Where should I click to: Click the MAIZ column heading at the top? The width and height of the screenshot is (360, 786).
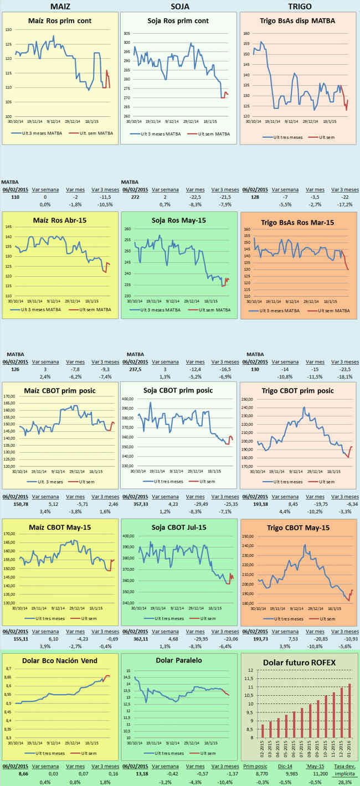click(x=60, y=6)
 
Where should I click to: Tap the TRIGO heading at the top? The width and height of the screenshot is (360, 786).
click(x=300, y=6)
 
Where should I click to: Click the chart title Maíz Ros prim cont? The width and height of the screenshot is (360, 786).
click(x=60, y=21)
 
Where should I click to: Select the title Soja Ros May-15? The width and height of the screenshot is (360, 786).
click(x=180, y=220)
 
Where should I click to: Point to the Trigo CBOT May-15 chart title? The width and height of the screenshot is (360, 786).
click(x=300, y=528)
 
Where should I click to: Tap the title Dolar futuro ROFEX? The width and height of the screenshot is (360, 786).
click(x=299, y=662)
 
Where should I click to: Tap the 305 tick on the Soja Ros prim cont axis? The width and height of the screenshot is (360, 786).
click(x=127, y=34)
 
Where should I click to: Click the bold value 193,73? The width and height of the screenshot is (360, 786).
click(x=254, y=638)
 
